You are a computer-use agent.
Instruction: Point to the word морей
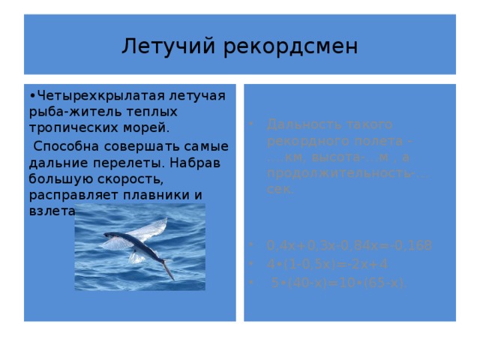(x=138, y=128)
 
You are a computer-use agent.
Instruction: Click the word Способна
(x=65, y=145)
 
